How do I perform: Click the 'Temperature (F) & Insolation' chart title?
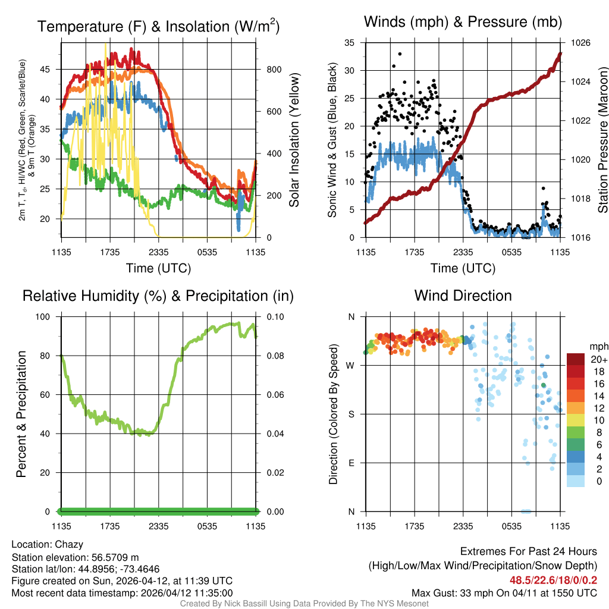click(158, 26)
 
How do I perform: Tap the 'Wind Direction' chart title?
click(463, 296)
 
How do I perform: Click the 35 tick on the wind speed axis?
click(350, 43)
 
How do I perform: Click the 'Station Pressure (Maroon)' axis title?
click(602, 140)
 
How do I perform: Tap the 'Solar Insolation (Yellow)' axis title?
click(294, 140)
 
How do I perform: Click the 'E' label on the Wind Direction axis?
click(351, 463)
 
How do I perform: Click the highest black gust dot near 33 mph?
click(400, 54)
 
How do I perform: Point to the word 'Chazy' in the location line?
click(69, 544)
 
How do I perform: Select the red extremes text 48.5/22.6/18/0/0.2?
click(554, 580)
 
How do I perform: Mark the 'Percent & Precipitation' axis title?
click(21, 414)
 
